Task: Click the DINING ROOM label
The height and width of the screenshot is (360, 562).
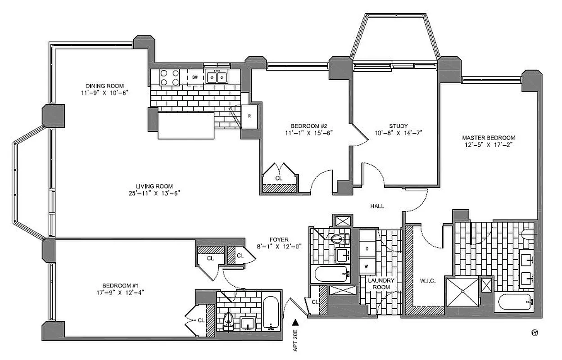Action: [x=104, y=86]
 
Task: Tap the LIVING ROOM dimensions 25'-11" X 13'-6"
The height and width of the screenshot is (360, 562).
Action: [x=154, y=193]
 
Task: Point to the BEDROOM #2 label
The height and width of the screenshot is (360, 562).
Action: [x=308, y=126]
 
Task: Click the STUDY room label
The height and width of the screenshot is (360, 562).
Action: [x=398, y=126]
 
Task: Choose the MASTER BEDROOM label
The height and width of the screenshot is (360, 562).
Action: [x=489, y=138]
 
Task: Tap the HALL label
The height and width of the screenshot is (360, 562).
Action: [x=377, y=206]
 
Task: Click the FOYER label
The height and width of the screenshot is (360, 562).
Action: [x=280, y=239]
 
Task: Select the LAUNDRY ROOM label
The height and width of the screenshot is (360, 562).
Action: [x=381, y=283]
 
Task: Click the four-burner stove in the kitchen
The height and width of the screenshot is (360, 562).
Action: [x=169, y=78]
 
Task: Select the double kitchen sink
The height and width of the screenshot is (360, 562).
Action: [x=217, y=77]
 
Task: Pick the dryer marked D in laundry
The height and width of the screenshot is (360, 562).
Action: [x=367, y=248]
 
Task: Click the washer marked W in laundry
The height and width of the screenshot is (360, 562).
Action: [x=367, y=265]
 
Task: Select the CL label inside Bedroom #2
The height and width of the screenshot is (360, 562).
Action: [x=279, y=178]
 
